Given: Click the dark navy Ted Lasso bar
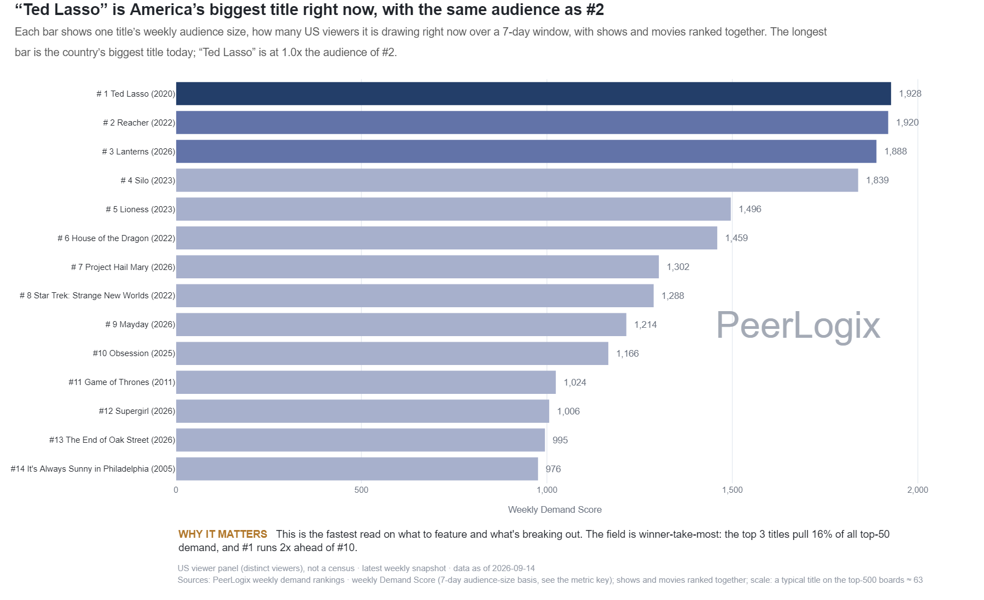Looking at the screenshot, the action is [534, 93].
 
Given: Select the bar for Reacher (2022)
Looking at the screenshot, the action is [532, 122].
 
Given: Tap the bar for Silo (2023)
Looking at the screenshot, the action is [517, 180].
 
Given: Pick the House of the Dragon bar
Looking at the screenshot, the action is [446, 238].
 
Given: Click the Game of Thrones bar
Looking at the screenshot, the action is [366, 382].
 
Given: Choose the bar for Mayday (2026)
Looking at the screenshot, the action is [401, 324].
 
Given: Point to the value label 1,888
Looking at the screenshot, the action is [896, 151].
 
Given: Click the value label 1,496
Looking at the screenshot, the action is [750, 209].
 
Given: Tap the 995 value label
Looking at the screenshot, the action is [560, 440].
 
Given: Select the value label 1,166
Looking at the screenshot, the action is [628, 353].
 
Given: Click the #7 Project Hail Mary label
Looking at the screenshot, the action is [123, 267].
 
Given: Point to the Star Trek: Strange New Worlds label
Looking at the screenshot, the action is [97, 296].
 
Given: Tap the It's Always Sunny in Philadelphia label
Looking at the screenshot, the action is [93, 469].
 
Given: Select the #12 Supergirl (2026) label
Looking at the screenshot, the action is [137, 411].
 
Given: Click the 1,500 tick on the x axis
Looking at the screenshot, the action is [732, 490].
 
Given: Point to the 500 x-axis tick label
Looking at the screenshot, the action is [361, 490].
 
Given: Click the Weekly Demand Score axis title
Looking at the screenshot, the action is [555, 510].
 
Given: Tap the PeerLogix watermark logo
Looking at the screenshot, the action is [798, 326].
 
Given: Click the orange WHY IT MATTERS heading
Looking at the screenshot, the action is [223, 534].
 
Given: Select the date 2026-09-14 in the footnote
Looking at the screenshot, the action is [514, 568].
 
